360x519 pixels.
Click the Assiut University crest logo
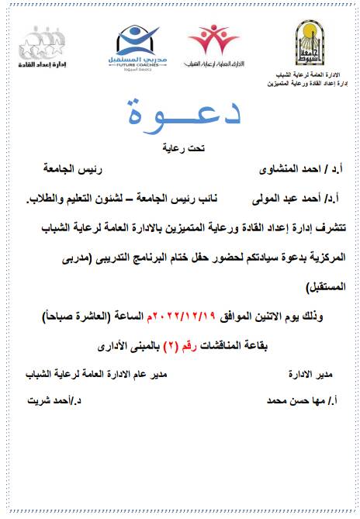[x=313, y=43]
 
